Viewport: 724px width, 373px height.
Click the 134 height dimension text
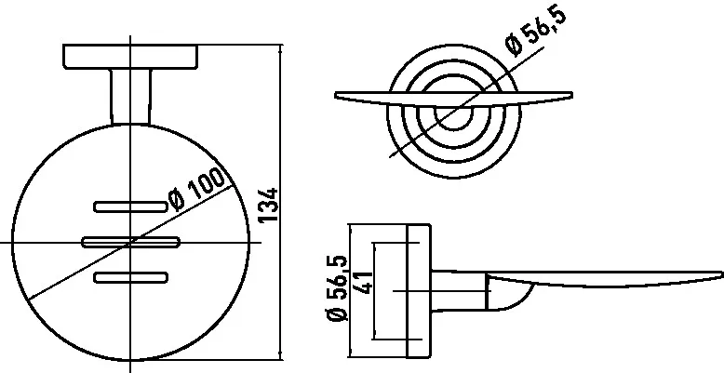pos(269,206)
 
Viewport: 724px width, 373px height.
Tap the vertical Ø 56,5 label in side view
pos(339,289)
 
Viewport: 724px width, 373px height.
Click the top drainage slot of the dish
pos(130,205)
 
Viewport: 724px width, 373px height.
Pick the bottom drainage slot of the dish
pos(130,276)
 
